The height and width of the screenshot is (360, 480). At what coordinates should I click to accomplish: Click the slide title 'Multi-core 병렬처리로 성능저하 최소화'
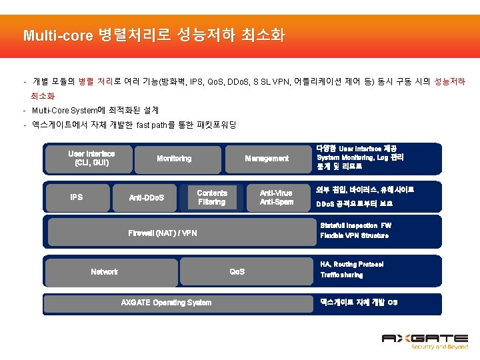[x=153, y=35]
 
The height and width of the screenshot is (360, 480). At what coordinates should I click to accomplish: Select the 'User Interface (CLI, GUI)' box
[x=91, y=158]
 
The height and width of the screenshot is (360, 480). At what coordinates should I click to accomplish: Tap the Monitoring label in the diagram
[x=174, y=159]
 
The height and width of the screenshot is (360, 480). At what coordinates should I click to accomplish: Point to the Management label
[x=267, y=159]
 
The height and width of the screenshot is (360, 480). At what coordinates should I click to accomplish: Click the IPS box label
[x=77, y=197]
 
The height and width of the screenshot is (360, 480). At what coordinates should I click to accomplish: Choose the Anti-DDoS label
[x=151, y=198]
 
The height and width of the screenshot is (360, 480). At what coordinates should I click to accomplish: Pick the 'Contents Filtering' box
[x=212, y=197]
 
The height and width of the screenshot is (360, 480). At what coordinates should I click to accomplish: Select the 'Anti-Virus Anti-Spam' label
[x=277, y=197]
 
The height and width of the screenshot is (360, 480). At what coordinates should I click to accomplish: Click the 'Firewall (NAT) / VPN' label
[x=163, y=233]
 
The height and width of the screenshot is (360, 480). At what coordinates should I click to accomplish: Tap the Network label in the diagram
[x=104, y=271]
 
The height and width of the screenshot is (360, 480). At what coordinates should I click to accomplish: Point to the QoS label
[x=237, y=271]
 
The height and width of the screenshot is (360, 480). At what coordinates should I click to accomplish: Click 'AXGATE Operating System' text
[x=166, y=303]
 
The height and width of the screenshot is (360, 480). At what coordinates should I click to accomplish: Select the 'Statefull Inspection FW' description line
[x=356, y=226]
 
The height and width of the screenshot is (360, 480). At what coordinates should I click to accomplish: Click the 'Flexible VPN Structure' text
[x=354, y=236]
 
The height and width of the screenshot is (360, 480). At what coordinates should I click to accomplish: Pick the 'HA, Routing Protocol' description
[x=352, y=265]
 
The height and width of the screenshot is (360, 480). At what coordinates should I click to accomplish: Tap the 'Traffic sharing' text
[x=341, y=275]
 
